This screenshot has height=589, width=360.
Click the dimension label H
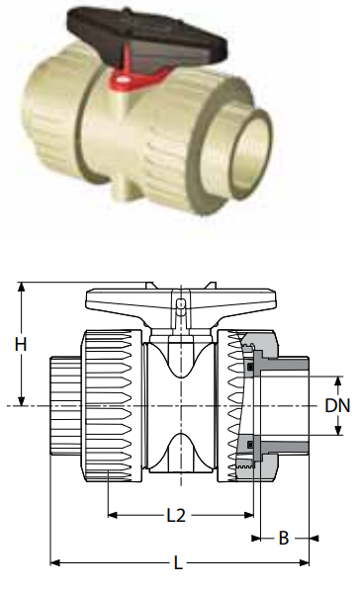tap(21, 344)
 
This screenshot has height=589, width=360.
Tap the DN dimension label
tap(337, 406)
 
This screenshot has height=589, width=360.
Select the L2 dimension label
tap(176, 515)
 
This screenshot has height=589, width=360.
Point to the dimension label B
tap(284, 539)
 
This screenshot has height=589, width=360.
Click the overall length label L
tap(179, 562)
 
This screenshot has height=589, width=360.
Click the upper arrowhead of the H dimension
tap(22, 288)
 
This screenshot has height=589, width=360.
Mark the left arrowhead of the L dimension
tap(55, 562)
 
